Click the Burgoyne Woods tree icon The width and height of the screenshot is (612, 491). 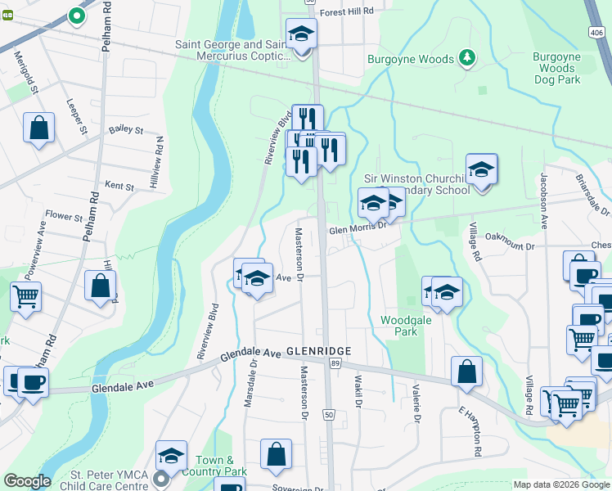(466, 57)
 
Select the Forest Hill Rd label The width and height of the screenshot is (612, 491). (346, 11)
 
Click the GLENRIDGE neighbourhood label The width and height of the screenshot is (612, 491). (318, 351)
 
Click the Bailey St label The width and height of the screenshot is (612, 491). (126, 129)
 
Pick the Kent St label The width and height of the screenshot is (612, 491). (119, 187)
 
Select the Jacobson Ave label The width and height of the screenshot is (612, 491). (543, 200)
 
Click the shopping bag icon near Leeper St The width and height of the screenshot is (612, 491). (38, 128)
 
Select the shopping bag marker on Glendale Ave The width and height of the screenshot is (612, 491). (466, 372)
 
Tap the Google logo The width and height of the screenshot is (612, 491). (27, 481)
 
